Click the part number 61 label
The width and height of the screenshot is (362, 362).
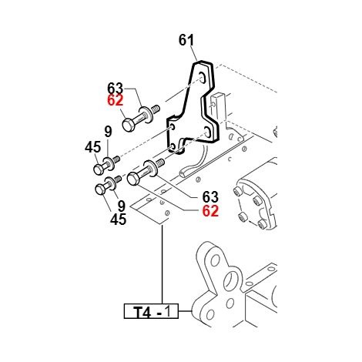coord(186,40)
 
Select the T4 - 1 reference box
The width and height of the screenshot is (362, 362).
coord(151,311)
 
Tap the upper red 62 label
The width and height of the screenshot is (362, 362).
coord(116,100)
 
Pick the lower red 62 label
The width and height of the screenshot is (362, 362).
coord(210,211)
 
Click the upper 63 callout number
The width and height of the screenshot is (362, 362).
coord(116,89)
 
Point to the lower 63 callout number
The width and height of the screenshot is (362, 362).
coord(210,197)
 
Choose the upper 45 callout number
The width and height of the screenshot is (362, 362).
coord(93,147)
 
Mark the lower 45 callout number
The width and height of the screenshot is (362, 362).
coord(119,220)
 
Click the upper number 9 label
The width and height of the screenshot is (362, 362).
coord(109,132)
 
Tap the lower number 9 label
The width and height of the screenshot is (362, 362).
coord(121,206)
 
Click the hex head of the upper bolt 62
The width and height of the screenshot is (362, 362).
coord(128,125)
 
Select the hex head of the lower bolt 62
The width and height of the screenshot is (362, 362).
coord(133,179)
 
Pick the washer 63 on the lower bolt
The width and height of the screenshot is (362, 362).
coord(150,168)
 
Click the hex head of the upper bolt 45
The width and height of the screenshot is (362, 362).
coord(98,169)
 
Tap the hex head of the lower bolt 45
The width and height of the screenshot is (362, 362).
coord(100,189)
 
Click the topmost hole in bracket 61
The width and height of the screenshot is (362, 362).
coord(203,78)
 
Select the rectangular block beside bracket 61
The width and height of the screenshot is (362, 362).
coord(218,107)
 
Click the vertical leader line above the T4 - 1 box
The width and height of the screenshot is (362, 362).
coord(163,264)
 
